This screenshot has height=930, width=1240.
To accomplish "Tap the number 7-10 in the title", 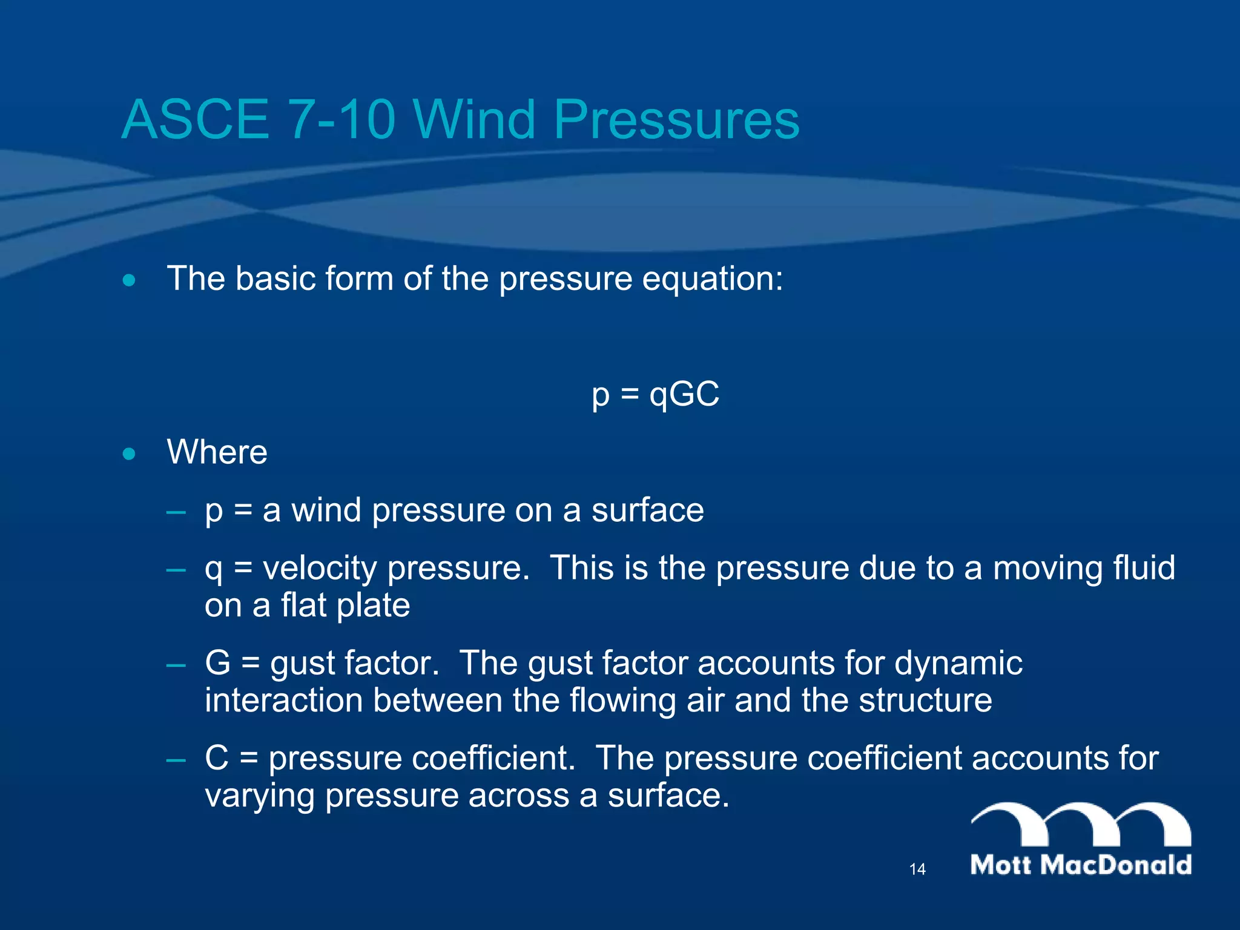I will tap(342, 119).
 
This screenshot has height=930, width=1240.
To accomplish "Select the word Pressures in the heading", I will tap(676, 119).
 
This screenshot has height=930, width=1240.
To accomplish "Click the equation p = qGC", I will tap(655, 395).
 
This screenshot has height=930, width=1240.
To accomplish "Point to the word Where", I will tap(217, 452).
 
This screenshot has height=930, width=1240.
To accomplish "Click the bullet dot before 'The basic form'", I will tap(129, 280).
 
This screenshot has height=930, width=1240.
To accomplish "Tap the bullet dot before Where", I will tap(129, 453).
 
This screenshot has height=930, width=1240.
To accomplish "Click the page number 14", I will tap(917, 869).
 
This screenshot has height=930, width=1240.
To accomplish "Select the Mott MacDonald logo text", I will tap(1081, 865).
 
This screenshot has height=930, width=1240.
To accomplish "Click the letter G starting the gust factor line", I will tap(218, 662).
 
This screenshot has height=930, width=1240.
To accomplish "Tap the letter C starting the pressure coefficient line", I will tap(217, 757).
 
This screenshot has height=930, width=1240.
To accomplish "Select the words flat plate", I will tap(345, 605).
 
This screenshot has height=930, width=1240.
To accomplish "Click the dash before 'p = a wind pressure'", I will tap(176, 512).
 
